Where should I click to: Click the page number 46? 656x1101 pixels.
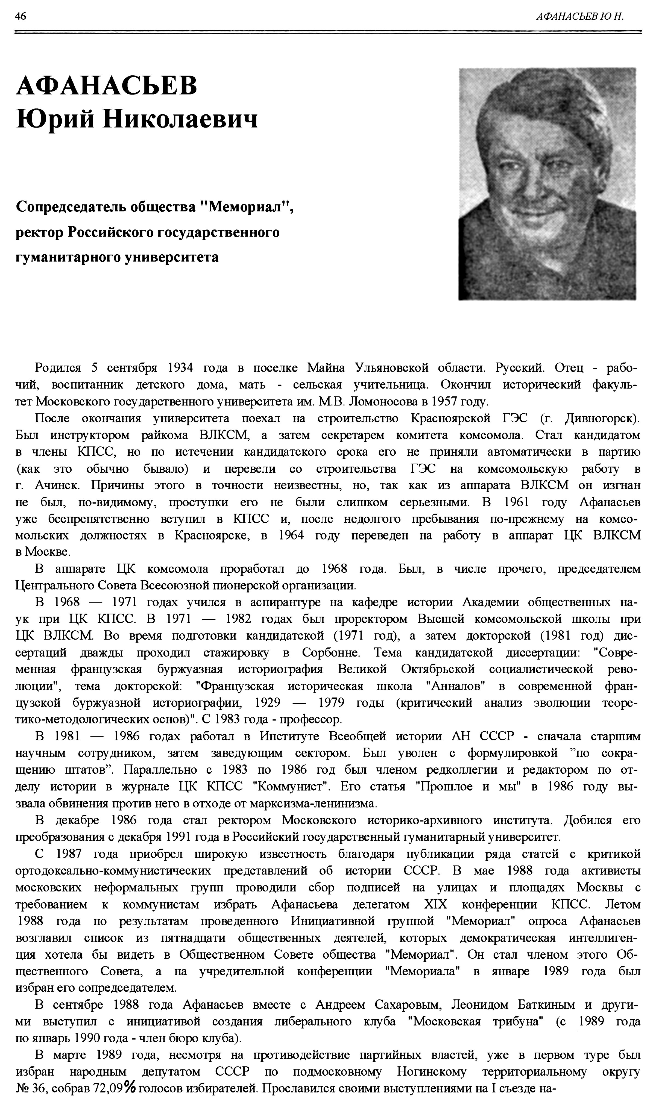[x=20, y=16]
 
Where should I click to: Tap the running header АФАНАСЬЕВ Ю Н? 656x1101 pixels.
[x=579, y=17]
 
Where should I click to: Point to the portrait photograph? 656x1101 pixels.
[x=547, y=184]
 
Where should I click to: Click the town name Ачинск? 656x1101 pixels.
[x=57, y=485]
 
